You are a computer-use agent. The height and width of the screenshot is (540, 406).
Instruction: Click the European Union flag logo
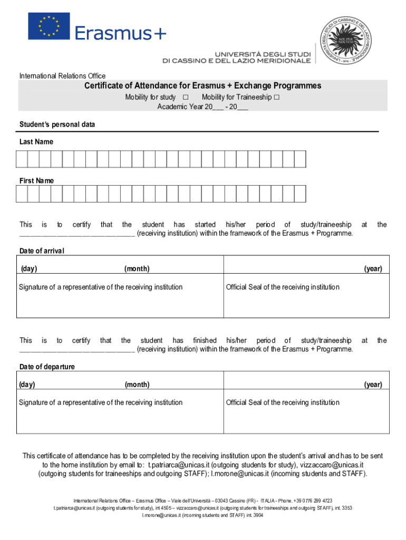(49, 26)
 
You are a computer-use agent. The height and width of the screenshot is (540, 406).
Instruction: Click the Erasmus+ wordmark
(120, 33)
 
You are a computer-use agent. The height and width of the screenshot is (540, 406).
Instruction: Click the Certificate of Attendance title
(203, 86)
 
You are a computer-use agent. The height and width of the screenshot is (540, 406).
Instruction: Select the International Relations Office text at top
(62, 76)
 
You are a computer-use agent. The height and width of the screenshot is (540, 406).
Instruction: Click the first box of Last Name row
(22, 159)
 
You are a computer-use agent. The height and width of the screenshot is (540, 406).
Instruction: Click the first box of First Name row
(22, 194)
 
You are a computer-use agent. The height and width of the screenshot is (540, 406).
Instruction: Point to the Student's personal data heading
(57, 124)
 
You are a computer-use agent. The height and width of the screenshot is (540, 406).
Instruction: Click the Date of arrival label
(42, 250)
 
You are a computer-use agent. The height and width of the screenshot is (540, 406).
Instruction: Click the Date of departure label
(47, 367)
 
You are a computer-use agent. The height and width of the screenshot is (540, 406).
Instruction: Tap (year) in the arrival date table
(373, 269)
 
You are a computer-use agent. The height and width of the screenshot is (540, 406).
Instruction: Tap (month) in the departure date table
(137, 384)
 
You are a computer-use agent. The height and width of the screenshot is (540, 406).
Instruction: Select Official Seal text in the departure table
(283, 403)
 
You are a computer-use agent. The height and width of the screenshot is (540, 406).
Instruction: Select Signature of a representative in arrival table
(101, 287)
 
